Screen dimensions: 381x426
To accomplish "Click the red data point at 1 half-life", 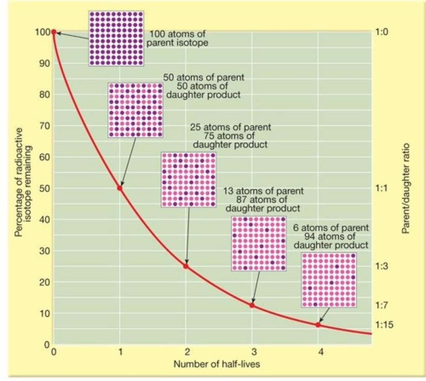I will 120,188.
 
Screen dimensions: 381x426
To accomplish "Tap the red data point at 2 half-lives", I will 186,266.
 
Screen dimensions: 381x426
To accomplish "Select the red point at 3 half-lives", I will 252,305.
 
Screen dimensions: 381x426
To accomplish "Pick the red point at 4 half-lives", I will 318,324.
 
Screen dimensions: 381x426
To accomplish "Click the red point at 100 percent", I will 54,32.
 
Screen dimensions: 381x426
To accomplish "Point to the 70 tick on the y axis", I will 44,126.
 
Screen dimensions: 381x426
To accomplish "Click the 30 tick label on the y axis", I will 44,251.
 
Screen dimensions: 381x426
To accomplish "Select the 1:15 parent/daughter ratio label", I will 384,325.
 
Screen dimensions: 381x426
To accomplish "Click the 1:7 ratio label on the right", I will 382,305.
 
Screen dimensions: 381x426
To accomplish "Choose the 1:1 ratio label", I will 382,188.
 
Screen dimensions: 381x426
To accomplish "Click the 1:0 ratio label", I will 382,32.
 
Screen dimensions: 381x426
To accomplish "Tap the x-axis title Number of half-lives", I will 216,364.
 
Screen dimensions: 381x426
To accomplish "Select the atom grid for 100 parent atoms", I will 116,38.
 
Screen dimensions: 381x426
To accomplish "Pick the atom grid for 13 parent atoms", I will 259,244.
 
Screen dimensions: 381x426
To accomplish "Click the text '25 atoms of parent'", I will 230,127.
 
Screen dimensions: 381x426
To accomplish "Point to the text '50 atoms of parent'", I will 204,77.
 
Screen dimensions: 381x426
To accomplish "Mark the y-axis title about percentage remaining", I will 23,182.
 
